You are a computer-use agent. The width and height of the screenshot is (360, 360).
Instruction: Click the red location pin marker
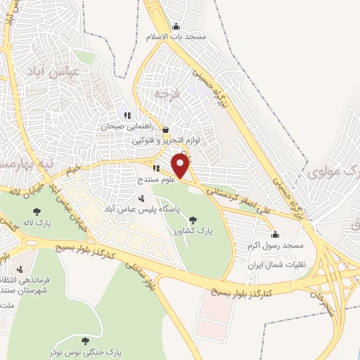181,167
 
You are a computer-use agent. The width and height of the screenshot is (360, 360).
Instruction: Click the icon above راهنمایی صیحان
127,115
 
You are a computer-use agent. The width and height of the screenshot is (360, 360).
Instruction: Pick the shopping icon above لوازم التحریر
165,129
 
